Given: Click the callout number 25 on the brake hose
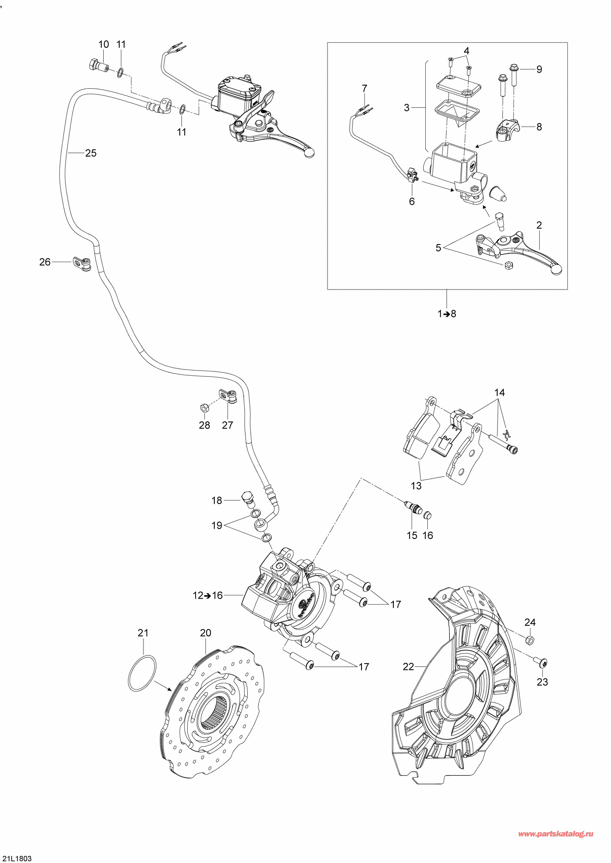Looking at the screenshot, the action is [x=91, y=153].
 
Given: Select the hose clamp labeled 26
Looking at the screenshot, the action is [x=82, y=264].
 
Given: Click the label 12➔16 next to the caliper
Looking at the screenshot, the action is [x=208, y=595].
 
